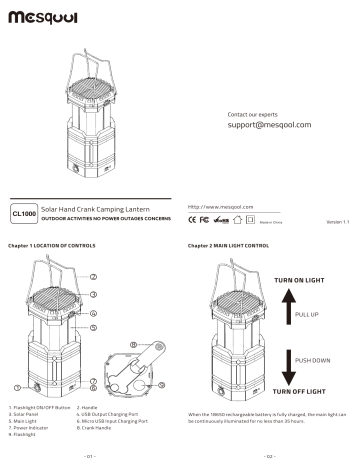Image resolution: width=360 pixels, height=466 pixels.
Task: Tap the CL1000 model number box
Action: click(x=24, y=213)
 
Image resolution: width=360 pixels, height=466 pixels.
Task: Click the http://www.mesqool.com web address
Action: click(x=219, y=205)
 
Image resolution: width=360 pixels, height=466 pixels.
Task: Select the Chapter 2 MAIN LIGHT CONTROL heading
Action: click(x=229, y=244)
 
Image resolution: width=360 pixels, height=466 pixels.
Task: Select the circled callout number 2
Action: click(x=93, y=276)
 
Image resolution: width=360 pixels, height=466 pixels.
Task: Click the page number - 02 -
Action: click(x=270, y=456)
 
